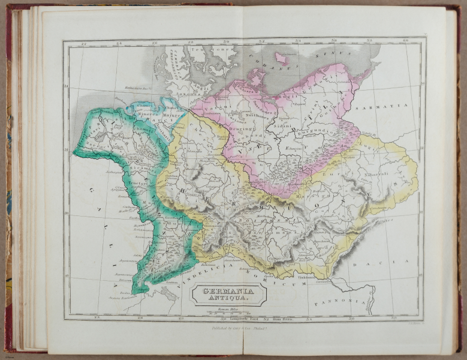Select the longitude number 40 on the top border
[405, 41]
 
